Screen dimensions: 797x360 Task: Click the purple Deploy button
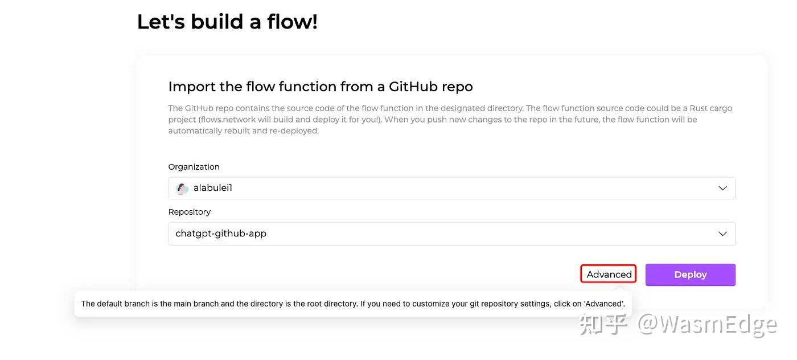690,275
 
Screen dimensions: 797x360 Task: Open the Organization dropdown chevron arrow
722,188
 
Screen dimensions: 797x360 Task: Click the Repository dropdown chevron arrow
722,234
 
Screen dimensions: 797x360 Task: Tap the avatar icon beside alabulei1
182,189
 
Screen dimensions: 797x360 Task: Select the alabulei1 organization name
213,187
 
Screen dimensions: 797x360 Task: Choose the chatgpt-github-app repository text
221,234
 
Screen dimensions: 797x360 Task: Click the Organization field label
194,167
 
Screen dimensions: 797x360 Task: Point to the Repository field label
189,212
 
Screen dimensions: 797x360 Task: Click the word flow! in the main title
292,22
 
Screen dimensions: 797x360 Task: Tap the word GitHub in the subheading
413,87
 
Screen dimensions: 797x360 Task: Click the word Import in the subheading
192,87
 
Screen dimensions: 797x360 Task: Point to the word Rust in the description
698,108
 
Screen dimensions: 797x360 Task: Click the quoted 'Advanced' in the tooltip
604,304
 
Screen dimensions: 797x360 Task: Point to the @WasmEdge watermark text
707,325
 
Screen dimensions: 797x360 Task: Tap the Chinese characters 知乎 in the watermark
603,324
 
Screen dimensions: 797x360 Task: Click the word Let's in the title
161,22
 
